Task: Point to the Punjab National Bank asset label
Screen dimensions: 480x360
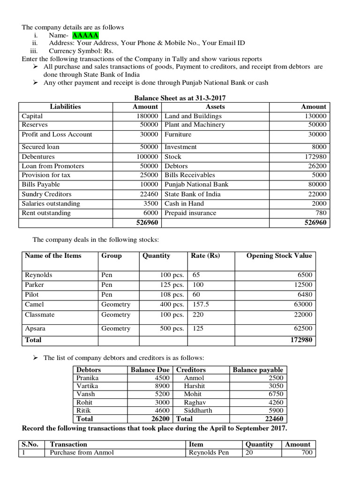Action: pos(196,185)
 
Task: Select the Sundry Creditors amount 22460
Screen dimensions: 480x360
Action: pos(147,194)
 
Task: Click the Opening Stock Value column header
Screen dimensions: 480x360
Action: pos(279,255)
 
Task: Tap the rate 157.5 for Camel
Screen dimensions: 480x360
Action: pos(200,304)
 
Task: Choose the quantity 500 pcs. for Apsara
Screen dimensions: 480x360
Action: pos(172,329)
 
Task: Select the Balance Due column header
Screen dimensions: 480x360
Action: pos(150,370)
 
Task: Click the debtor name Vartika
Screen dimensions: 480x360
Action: pos(88,386)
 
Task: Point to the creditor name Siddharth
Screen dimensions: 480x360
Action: pos(197,410)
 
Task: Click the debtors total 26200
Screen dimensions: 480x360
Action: pos(160,419)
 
